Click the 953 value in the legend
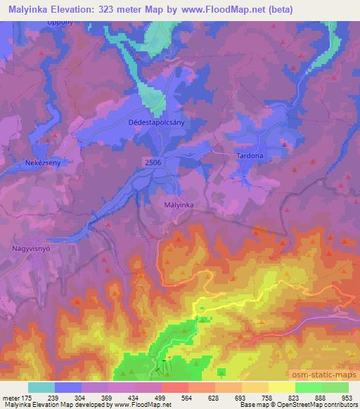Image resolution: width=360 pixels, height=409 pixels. pos(348,398)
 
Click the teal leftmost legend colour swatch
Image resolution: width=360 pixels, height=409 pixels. pos(41,387)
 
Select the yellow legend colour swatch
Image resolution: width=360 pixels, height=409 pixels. pos(282,387)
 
